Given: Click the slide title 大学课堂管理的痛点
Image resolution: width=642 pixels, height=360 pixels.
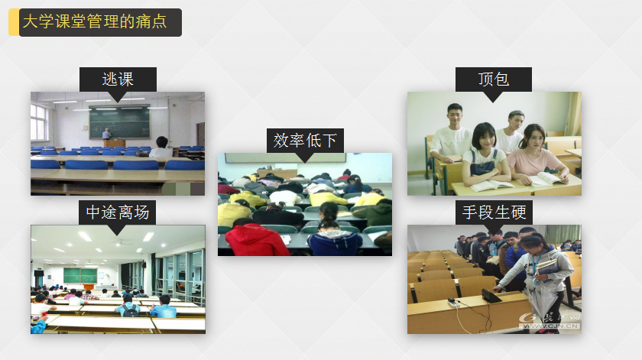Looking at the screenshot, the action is (95, 21).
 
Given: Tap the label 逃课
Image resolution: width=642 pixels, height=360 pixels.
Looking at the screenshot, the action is (118, 79).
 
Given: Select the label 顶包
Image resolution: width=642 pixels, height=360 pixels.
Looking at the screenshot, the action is (494, 79).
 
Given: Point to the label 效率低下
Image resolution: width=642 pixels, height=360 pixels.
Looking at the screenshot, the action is (305, 141).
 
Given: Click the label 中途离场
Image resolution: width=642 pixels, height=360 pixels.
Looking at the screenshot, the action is (118, 212).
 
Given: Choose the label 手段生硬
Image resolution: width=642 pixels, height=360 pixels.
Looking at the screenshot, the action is (494, 212).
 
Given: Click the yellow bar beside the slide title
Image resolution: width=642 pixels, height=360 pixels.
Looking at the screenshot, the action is (14, 22).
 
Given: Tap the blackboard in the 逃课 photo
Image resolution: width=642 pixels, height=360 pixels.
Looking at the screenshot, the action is (119, 122).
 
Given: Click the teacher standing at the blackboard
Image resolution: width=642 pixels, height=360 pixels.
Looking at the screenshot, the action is (106, 135).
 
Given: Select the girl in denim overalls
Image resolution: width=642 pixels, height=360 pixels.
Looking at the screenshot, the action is (485, 155).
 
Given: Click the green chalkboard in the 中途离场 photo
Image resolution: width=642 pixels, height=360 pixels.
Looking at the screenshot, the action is (80, 276).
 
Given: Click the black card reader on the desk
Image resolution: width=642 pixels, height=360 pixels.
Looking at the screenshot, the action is (491, 296).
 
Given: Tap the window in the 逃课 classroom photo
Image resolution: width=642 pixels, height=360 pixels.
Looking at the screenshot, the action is (39, 122).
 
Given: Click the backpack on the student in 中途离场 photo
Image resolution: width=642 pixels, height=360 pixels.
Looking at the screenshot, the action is (130, 310).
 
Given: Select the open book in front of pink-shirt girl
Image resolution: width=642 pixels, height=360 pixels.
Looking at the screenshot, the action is (544, 179).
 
